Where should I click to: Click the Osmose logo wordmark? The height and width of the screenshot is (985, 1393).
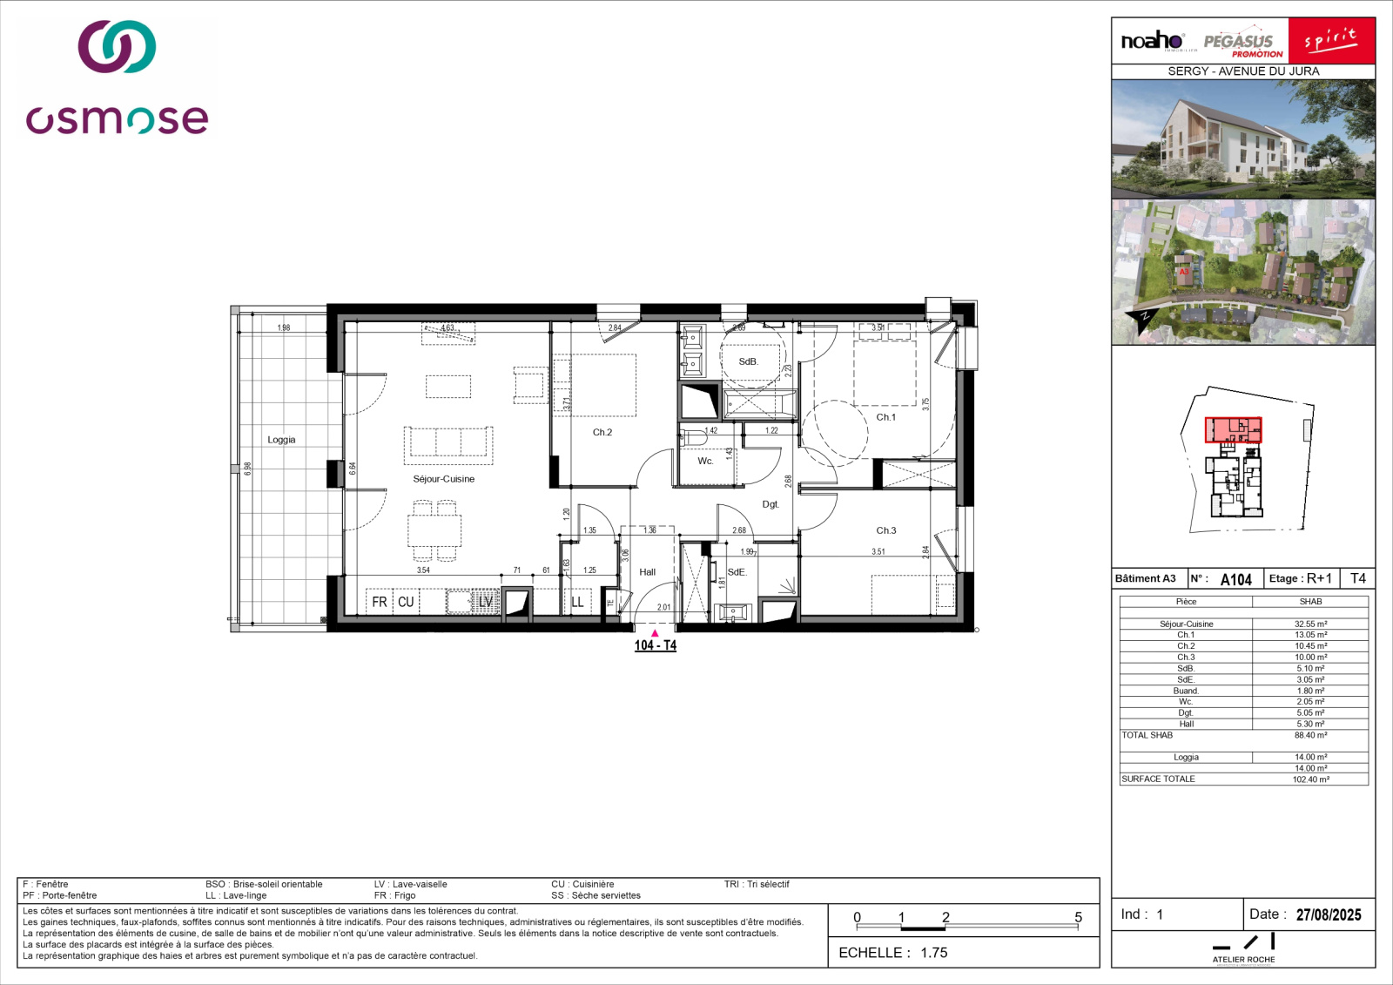[117, 119]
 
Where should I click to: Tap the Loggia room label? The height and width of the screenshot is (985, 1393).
[281, 440]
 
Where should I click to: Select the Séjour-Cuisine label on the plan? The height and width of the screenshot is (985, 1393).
[443, 479]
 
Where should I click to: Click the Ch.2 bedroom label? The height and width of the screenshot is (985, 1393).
[602, 432]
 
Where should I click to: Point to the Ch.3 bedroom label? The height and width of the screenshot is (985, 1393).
[885, 530]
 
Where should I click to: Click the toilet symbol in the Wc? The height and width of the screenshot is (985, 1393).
[694, 438]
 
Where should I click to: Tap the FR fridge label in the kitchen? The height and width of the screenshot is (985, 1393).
[380, 602]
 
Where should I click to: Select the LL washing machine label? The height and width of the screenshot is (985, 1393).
[577, 602]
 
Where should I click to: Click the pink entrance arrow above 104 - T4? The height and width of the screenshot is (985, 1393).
[655, 633]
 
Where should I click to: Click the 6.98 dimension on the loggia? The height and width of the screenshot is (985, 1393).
[248, 468]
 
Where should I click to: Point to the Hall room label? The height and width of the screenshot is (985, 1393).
[647, 572]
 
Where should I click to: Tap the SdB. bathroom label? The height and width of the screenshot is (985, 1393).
[748, 361]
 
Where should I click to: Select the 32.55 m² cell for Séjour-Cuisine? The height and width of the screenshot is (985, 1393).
[1310, 624]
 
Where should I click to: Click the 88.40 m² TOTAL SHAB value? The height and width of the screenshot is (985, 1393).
[1310, 735]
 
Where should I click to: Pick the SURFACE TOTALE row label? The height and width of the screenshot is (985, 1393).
[1158, 779]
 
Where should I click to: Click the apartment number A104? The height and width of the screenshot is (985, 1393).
[1235, 579]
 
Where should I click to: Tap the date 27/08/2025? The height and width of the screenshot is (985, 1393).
[1328, 914]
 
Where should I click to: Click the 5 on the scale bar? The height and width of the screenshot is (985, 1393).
[1078, 917]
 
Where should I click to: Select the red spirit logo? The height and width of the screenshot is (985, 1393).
[1331, 40]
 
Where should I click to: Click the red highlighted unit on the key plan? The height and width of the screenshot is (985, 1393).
[1232, 429]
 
